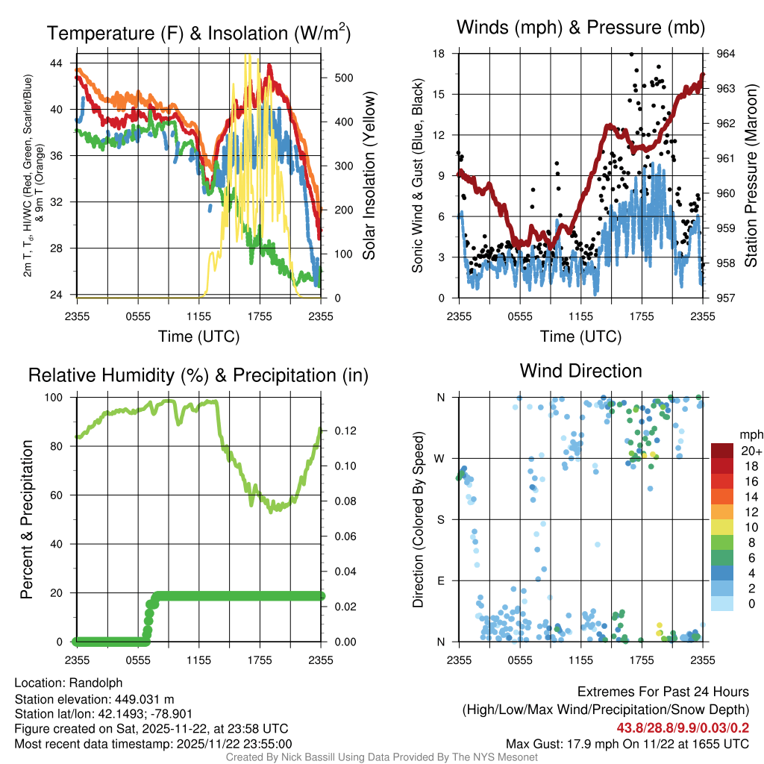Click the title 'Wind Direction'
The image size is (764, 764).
pos(580,371)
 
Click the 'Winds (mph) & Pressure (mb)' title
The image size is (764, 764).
pos(581,28)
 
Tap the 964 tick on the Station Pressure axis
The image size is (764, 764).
pos(726,54)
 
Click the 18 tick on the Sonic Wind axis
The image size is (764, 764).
pos(439,54)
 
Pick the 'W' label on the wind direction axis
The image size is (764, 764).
pos(441,459)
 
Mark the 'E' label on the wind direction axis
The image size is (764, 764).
pos(442,580)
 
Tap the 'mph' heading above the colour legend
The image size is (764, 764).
pos(748,434)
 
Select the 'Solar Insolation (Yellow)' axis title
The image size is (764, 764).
pos(369,175)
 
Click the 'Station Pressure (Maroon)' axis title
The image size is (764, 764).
pos(751,175)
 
